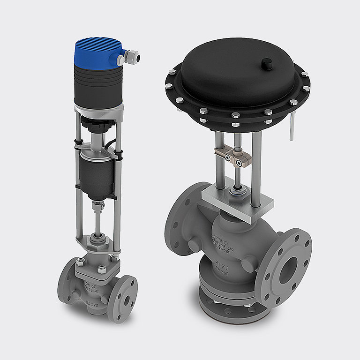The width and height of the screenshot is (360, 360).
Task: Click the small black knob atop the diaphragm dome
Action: [x=267, y=62]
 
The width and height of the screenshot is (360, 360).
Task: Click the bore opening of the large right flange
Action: [x=287, y=270]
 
